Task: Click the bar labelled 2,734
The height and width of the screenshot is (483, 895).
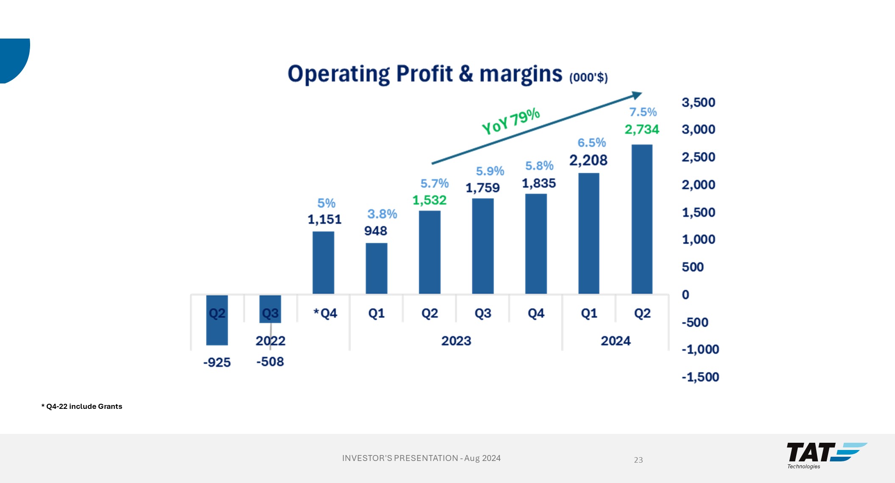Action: point(642,219)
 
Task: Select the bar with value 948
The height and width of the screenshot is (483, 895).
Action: point(376,268)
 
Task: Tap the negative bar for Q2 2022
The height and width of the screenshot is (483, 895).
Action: point(217,320)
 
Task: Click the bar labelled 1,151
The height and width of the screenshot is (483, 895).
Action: point(323,262)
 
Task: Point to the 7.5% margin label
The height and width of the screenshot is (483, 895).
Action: point(643,112)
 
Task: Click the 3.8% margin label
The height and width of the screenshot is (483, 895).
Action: point(382,214)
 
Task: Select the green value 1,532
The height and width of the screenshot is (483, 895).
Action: point(429,200)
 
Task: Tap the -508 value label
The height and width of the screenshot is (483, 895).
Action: point(270,362)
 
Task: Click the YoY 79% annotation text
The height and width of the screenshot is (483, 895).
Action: point(511,121)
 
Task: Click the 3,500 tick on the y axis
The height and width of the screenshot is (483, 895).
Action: point(698,103)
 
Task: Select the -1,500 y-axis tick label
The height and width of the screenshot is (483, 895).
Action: point(700,377)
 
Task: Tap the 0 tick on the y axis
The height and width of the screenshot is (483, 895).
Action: point(686,294)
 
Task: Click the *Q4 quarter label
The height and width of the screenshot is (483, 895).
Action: point(325,314)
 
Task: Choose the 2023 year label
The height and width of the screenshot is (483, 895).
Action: point(456,341)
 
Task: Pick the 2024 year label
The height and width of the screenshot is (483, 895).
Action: point(616,341)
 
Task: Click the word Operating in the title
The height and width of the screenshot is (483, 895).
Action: point(338,74)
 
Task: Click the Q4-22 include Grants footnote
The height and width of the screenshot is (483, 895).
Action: point(82,406)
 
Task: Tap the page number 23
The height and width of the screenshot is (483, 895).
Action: point(638,460)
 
